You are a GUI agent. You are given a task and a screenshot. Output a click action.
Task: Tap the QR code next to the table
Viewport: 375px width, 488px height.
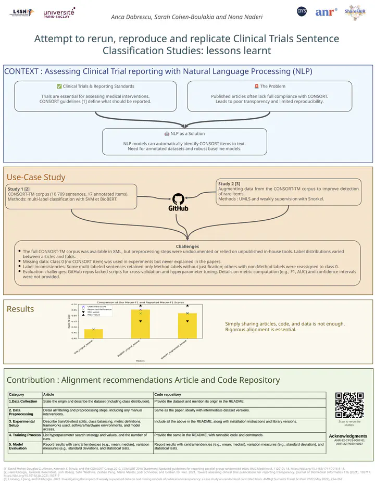pos(349,405)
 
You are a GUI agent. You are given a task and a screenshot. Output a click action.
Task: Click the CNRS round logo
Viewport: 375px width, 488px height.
pos(302,11)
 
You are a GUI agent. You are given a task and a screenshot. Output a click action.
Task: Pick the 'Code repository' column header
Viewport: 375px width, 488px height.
pos(168,395)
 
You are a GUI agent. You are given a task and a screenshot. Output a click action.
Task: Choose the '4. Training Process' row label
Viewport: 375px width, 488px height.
pos(24,434)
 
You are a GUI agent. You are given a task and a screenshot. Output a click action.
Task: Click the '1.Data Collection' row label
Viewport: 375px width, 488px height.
pos(23,402)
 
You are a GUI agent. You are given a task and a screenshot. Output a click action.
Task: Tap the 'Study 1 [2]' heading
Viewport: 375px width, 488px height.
pos(19,189)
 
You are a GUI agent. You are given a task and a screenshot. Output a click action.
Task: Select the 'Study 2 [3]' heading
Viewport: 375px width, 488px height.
pos(229,183)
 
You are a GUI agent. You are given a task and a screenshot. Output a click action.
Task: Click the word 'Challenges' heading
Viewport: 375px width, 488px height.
pos(187,246)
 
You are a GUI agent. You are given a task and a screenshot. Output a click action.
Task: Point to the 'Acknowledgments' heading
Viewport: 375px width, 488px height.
pos(348,436)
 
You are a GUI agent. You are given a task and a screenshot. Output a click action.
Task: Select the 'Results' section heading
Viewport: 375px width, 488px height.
pos(19,309)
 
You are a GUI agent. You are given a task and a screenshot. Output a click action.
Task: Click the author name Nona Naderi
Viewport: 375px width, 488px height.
pos(247,17)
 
